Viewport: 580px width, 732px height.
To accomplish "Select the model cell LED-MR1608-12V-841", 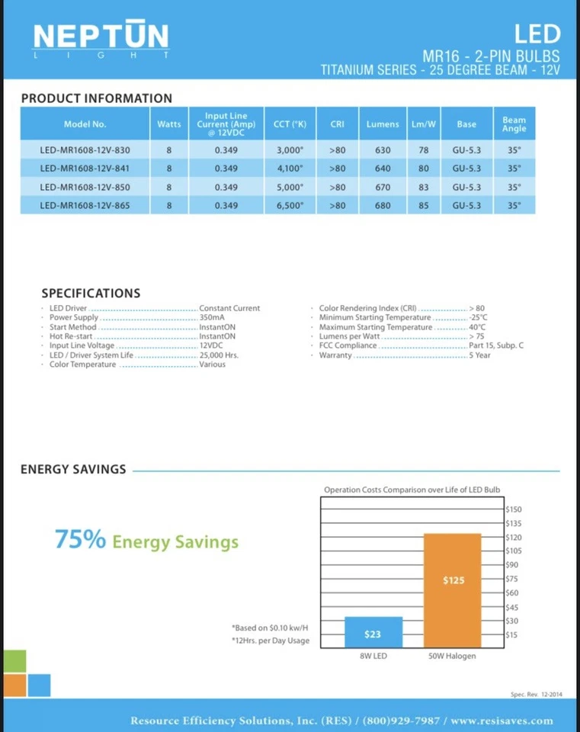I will click(85, 169).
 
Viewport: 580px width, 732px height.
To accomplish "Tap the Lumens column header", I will click(383, 124).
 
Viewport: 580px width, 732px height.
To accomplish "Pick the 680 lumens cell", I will click(383, 205).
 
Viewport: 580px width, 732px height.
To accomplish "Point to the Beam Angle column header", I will click(514, 124).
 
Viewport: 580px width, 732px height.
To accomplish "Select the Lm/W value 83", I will click(424, 187).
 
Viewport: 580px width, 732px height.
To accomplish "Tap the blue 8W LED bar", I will click(373, 632).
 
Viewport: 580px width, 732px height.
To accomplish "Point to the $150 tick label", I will click(513, 509).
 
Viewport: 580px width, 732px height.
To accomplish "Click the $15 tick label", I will click(511, 634).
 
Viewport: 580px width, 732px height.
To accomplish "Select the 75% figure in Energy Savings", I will click(80, 540).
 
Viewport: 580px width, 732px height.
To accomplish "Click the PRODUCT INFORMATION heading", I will click(97, 98).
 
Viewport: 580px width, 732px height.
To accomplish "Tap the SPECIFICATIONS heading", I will click(91, 293).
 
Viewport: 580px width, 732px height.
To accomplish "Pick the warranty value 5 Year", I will click(480, 355).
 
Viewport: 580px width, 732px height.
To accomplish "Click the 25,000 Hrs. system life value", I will click(219, 355).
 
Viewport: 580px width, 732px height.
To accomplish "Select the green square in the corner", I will click(13, 661).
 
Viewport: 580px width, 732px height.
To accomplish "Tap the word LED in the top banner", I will click(537, 34).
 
